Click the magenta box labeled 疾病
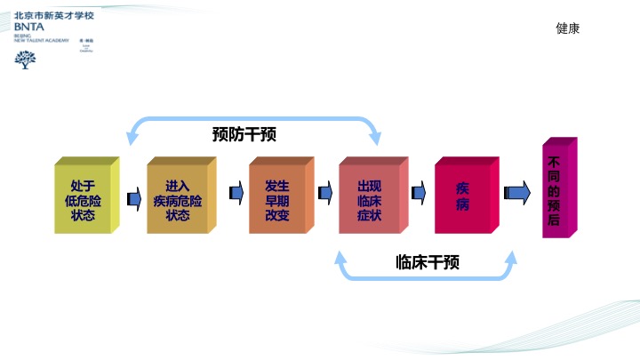coord(462,197)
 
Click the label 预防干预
coord(244,134)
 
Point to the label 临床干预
coord(427,262)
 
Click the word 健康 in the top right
coord(567,28)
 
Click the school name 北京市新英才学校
coord(53,16)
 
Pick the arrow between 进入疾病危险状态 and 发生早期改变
coord(236,193)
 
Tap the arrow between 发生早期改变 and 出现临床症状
coord(324,193)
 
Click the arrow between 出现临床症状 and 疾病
coord(419,193)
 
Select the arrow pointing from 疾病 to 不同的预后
coord(516,193)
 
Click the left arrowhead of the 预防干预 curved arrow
coord(133,138)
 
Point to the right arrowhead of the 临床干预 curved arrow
coord(510,257)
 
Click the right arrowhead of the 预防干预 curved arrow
coord(375,138)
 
